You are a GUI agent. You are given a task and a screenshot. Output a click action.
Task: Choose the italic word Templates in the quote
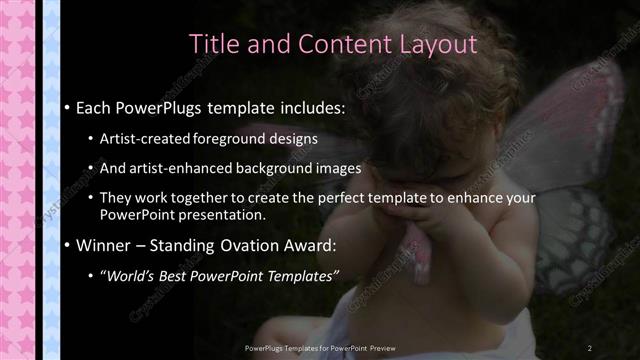point(299,275)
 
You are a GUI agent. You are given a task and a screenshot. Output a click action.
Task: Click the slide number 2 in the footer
point(589,347)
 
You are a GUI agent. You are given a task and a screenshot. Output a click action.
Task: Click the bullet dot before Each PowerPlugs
point(66,107)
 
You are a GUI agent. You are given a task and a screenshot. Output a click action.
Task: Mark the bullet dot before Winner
point(66,246)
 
